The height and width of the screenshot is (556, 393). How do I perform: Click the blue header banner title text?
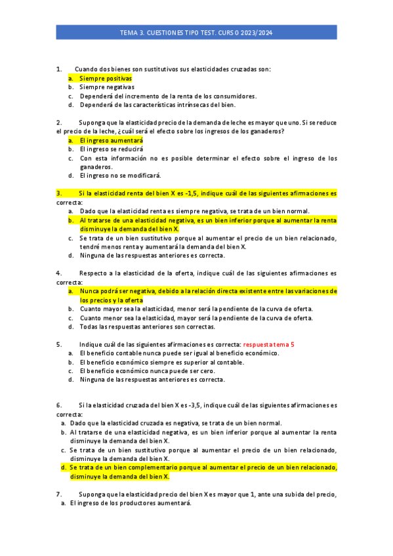click(x=196, y=31)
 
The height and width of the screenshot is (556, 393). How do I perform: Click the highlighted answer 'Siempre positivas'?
click(x=106, y=78)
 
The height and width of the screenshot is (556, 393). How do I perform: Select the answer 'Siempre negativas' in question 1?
click(x=107, y=87)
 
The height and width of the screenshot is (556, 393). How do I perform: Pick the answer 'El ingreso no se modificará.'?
click(x=120, y=176)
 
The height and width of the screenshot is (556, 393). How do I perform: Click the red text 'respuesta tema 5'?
click(x=269, y=344)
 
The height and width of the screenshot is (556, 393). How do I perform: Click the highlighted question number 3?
click(x=59, y=193)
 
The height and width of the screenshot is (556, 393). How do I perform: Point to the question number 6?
click(x=59, y=405)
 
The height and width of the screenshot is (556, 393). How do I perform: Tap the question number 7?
click(x=59, y=494)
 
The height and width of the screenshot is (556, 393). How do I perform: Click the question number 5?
click(x=59, y=344)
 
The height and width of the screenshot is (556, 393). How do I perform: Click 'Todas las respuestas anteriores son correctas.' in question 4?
click(x=147, y=327)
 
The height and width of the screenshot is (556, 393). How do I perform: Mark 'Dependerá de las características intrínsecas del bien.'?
click(x=157, y=104)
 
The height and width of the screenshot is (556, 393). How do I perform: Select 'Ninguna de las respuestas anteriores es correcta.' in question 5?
click(x=152, y=379)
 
